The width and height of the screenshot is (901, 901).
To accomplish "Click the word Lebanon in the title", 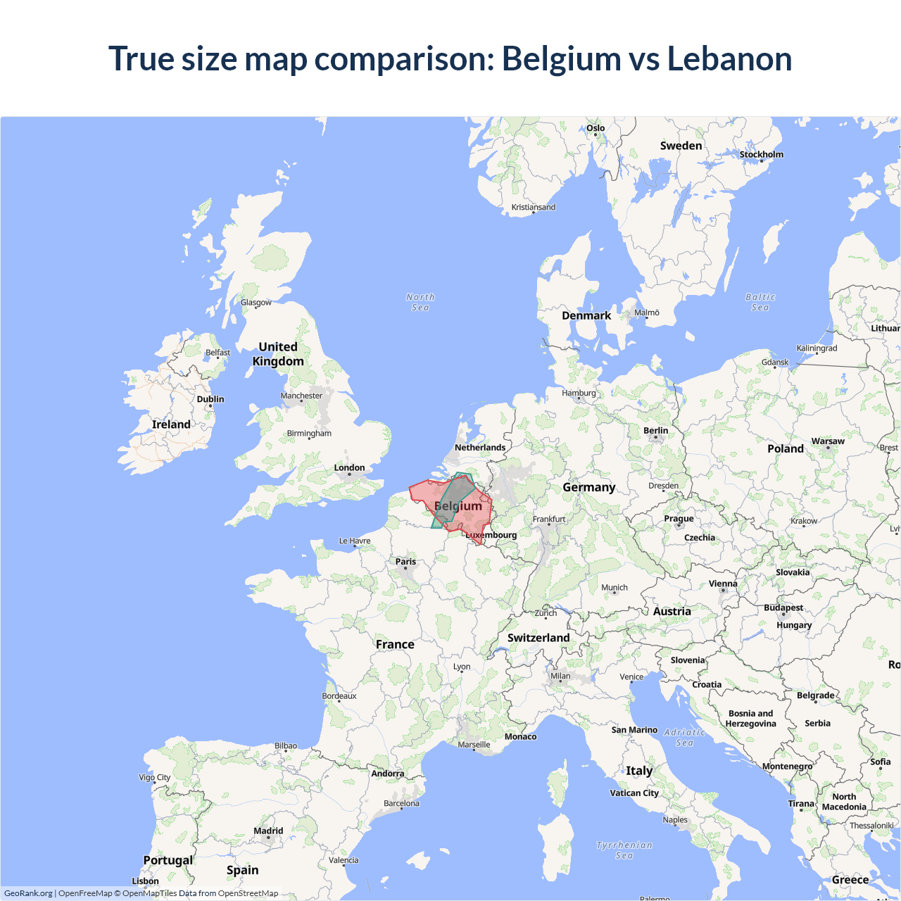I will click(729, 58).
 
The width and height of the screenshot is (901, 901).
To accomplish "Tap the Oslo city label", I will click(596, 128).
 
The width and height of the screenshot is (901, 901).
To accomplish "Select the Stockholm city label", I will click(761, 154).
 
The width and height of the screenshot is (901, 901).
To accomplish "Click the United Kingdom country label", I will click(278, 354).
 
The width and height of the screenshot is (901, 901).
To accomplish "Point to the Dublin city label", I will click(210, 399).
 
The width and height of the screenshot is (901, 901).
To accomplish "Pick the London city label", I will click(349, 467).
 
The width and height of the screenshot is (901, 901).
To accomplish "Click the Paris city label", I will click(405, 562).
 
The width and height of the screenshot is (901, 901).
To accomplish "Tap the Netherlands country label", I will click(480, 448).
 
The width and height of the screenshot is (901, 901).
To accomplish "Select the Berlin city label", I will click(655, 431).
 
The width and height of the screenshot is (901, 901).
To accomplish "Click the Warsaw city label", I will click(828, 441).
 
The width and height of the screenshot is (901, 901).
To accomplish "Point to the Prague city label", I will click(679, 519).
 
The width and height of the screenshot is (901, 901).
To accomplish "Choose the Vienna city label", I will click(723, 584).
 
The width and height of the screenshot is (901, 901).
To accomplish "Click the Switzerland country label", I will click(538, 638).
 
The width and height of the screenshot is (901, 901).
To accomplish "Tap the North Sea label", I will click(420, 302).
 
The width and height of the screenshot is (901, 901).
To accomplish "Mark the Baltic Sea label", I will click(760, 302).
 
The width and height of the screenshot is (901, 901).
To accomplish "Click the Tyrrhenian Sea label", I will click(624, 850).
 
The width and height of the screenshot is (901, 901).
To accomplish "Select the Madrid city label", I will click(268, 831).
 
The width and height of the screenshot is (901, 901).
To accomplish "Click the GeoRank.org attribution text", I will click(28, 893).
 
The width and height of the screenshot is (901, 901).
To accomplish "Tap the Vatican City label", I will click(634, 793).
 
